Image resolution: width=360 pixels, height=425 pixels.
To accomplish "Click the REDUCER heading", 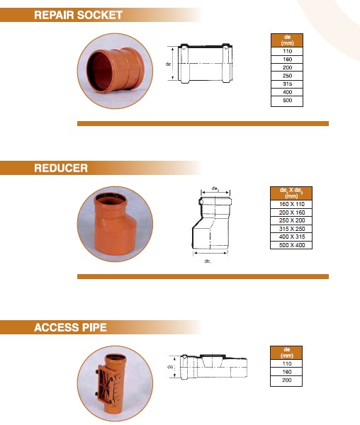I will pos(61,168).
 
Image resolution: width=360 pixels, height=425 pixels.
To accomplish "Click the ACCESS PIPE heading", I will pos(71,327).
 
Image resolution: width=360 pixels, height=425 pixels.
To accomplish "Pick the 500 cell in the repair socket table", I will pos(287,101).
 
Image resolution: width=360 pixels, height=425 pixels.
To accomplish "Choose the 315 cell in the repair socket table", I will pos(287,84).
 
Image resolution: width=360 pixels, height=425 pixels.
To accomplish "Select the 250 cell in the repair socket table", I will pos(287,76).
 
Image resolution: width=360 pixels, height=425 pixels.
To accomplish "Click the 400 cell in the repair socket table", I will pos(287,93).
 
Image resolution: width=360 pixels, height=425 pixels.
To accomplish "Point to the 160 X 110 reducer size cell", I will pos(287,204).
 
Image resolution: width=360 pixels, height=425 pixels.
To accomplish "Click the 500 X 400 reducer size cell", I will pos(287,245).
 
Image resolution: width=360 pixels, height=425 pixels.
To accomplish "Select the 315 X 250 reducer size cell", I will pos(287,229).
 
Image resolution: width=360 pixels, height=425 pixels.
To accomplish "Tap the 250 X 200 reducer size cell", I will pos(287,220).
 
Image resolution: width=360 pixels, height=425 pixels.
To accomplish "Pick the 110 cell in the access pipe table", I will pos(287,363).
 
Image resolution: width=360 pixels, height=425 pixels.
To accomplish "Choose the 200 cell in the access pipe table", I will pos(287,381).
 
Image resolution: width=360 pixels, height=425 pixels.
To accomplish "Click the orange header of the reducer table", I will pos(287,193).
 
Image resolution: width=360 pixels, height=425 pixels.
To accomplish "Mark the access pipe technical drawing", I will pos(210,369).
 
